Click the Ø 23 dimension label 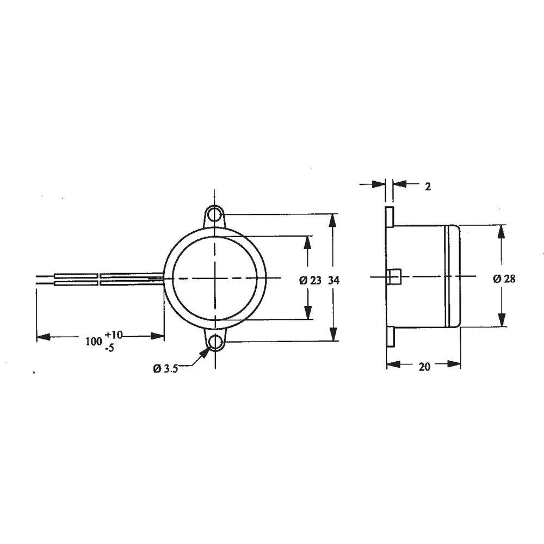pyautogui.click(x=310, y=280)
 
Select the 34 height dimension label pyautogui.click(x=335, y=280)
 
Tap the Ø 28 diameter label pyautogui.click(x=504, y=279)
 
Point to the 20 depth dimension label pyautogui.click(x=424, y=367)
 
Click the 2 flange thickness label pyautogui.click(x=428, y=187)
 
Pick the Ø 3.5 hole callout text pyautogui.click(x=165, y=368)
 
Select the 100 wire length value pyautogui.click(x=94, y=341)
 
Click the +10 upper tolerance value pyautogui.click(x=114, y=334)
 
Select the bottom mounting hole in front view pyautogui.click(x=216, y=343)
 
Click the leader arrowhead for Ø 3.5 pyautogui.click(x=205, y=353)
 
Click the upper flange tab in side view pyautogui.click(x=390, y=217)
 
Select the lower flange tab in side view pyautogui.click(x=390, y=336)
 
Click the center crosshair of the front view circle pyautogui.click(x=216, y=278)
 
